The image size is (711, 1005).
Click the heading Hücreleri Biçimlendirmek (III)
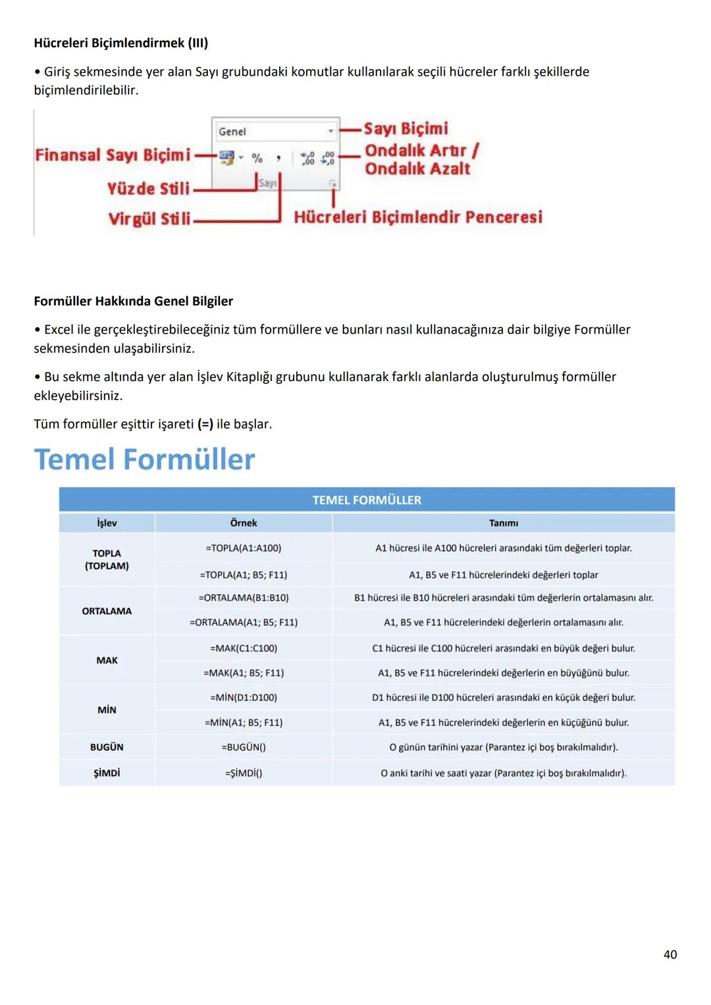pyautogui.click(x=120, y=43)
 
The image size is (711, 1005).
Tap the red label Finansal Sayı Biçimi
pyautogui.click(x=113, y=155)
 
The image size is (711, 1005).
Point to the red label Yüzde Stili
pyautogui.click(x=148, y=189)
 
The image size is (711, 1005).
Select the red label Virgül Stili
pyautogui.click(x=149, y=219)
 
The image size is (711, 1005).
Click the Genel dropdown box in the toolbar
pyautogui.click(x=275, y=132)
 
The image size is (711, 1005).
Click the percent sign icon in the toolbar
pyautogui.click(x=257, y=158)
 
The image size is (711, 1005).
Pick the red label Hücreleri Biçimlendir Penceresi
pyautogui.click(x=418, y=217)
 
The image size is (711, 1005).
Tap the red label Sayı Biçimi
pyautogui.click(x=406, y=129)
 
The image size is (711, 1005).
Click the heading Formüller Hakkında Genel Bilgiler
pyautogui.click(x=133, y=301)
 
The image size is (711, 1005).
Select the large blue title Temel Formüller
pyautogui.click(x=144, y=459)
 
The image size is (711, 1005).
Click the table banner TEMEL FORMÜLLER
pyautogui.click(x=367, y=500)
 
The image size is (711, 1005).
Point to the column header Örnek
pyautogui.click(x=244, y=523)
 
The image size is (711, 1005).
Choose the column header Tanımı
pyautogui.click(x=504, y=523)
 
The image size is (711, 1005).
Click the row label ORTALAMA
pyautogui.click(x=107, y=611)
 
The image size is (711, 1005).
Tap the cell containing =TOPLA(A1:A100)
pyautogui.click(x=244, y=548)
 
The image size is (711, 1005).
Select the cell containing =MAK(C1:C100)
pyautogui.click(x=244, y=648)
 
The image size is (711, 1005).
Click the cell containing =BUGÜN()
pyautogui.click(x=244, y=748)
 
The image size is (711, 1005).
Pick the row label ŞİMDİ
pyautogui.click(x=107, y=773)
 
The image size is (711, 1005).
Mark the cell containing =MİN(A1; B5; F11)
pyautogui.click(x=244, y=723)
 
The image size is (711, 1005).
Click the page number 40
pyautogui.click(x=670, y=955)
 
